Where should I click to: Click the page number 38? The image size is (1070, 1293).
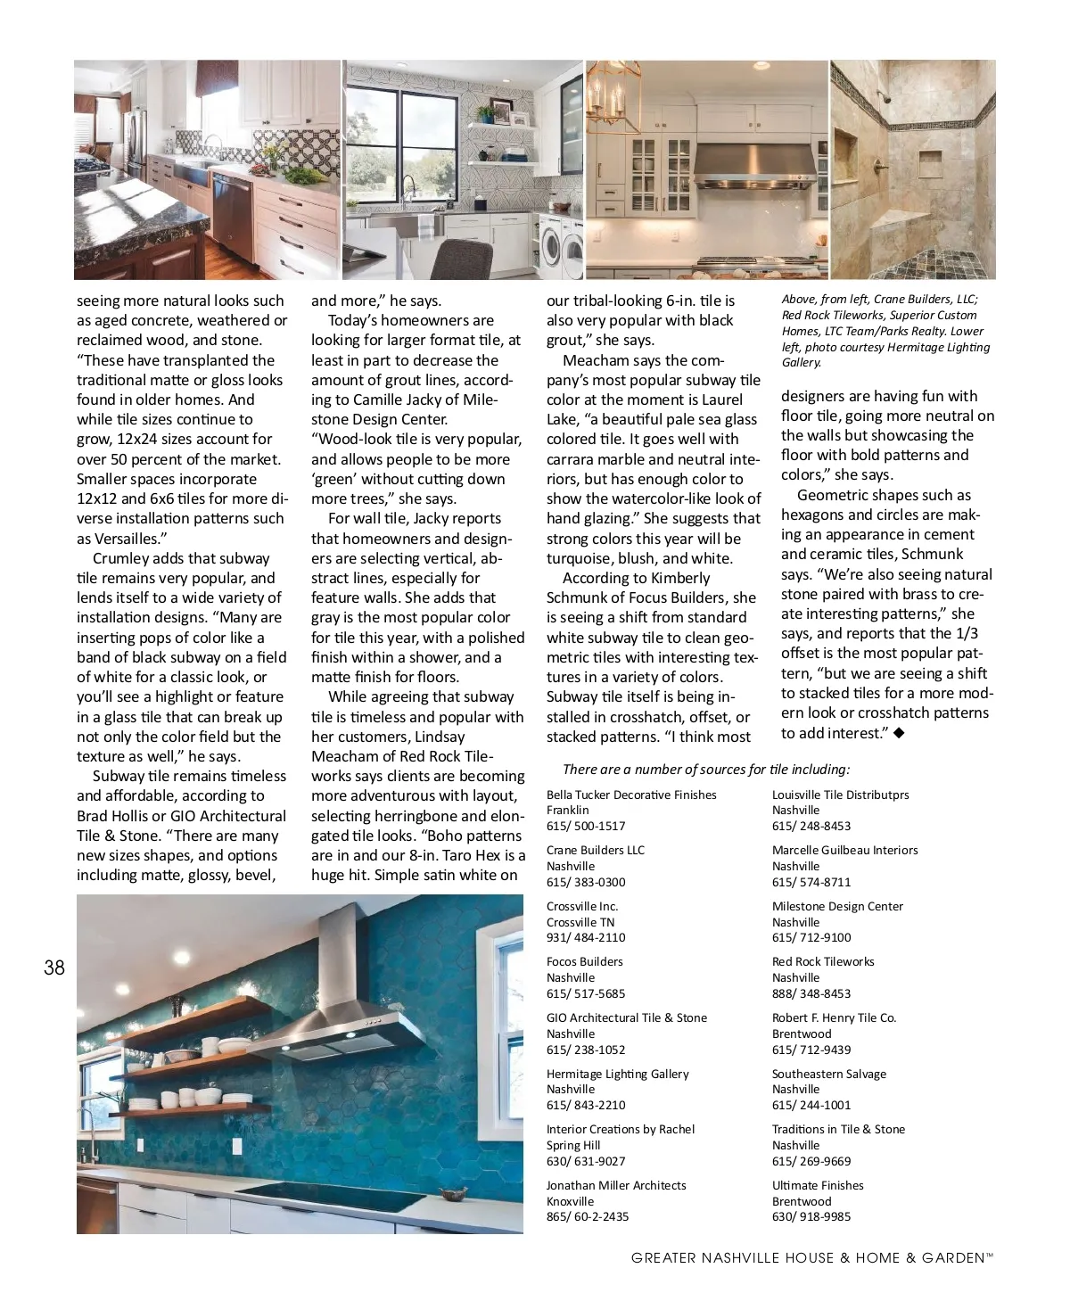(54, 968)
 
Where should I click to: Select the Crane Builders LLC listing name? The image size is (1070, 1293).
(595, 850)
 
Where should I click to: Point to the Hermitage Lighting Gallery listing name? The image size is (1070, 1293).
(617, 1074)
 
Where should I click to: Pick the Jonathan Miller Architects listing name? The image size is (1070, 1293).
(616, 1185)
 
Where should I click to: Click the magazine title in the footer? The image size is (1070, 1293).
(811, 1258)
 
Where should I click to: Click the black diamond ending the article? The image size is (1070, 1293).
(899, 733)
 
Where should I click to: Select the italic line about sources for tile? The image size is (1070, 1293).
(706, 770)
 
